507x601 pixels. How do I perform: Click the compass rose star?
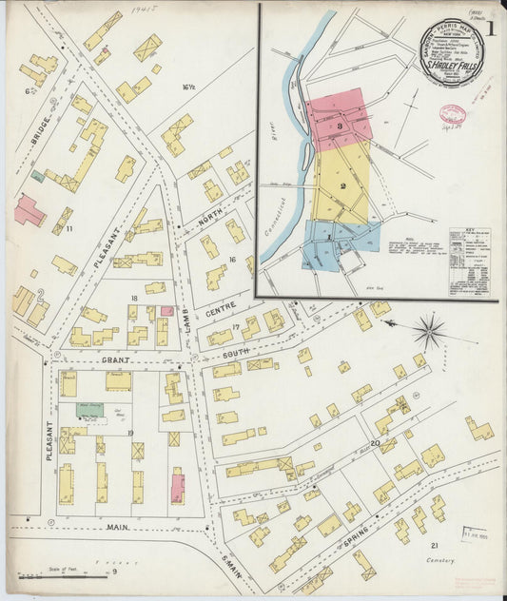click(430, 333)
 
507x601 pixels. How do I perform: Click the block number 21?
click(434, 545)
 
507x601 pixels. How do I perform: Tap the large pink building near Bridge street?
click(28, 211)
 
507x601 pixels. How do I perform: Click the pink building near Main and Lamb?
click(177, 487)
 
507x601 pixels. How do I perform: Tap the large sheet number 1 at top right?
click(490, 28)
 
